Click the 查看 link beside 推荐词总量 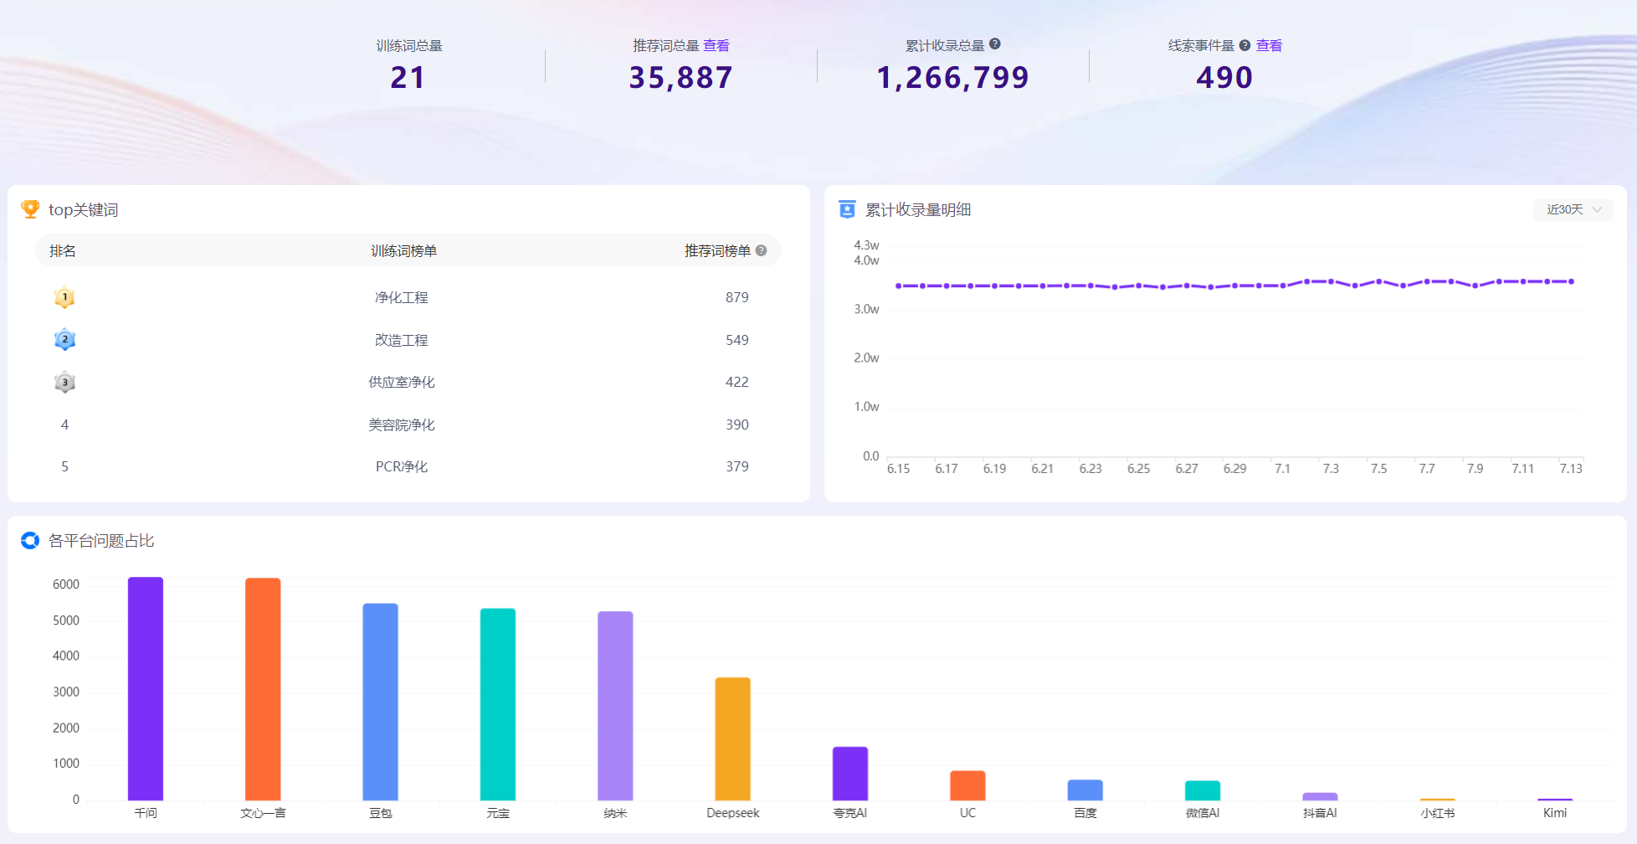(x=716, y=46)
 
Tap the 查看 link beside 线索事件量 (x=1269, y=46)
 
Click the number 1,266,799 (x=952, y=78)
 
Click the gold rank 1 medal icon (x=64, y=297)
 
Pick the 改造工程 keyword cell (x=402, y=340)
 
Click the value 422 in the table (x=737, y=382)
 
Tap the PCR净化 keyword (x=402, y=466)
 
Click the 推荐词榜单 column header (x=717, y=251)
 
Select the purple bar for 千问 (x=146, y=688)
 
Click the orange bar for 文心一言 (x=263, y=689)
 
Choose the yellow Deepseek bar (x=733, y=738)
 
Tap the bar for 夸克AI (x=850, y=774)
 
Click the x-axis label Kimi (x=1555, y=813)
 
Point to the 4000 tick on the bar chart (x=66, y=656)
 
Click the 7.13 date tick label (x=1571, y=469)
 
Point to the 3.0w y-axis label (x=866, y=309)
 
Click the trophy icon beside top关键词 (x=30, y=209)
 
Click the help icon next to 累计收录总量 (x=995, y=44)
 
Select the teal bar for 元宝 (x=498, y=704)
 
